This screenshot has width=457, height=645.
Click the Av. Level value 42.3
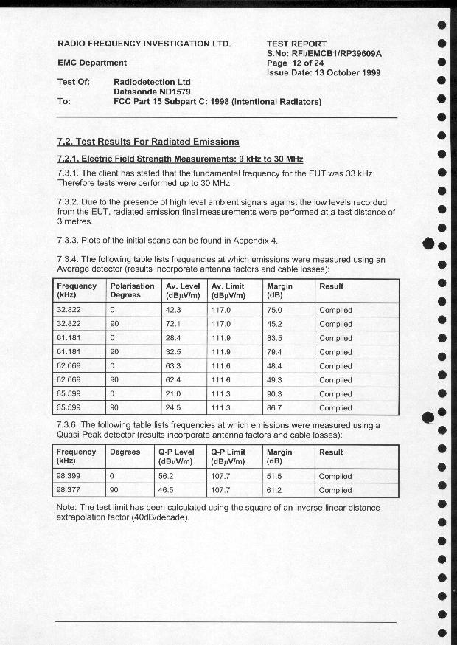[x=174, y=310]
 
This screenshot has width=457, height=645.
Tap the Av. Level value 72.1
[x=174, y=324]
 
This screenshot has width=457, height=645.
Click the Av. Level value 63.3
[x=174, y=366]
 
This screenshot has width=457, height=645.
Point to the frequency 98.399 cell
[x=69, y=476]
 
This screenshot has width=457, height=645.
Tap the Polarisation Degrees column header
[x=132, y=291]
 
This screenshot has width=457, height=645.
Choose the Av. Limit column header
[x=228, y=291]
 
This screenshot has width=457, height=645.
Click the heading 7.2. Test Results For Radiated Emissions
[x=148, y=142]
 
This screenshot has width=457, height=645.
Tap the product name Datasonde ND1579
[x=153, y=92]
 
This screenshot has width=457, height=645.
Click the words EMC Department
[x=92, y=63]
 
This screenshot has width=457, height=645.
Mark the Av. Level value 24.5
[x=174, y=407]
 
